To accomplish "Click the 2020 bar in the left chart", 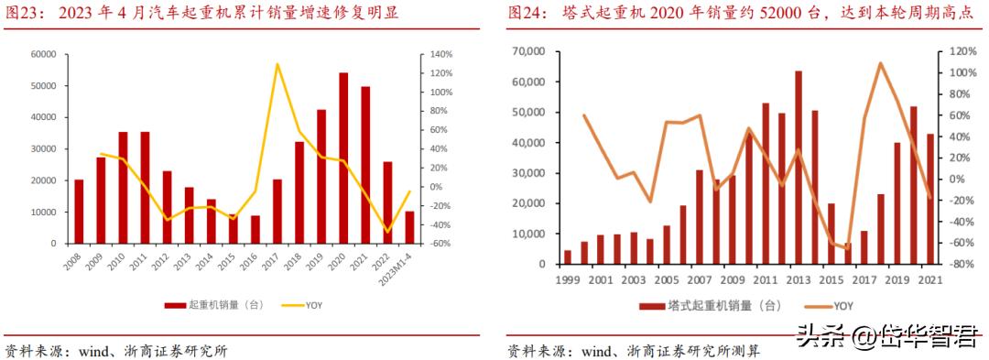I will pyautogui.click(x=343, y=158).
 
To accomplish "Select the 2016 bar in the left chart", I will pyautogui.click(x=255, y=229).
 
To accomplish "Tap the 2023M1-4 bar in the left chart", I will pyautogui.click(x=409, y=227).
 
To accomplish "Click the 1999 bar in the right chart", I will pyautogui.click(x=568, y=257).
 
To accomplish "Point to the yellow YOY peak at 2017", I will pyautogui.click(x=277, y=64).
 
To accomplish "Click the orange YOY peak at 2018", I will pyautogui.click(x=880, y=63).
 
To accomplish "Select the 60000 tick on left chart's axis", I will pyautogui.click(x=42, y=55).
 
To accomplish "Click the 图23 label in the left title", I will pyautogui.click(x=23, y=14).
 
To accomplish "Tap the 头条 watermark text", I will pyautogui.click(x=821, y=336).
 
